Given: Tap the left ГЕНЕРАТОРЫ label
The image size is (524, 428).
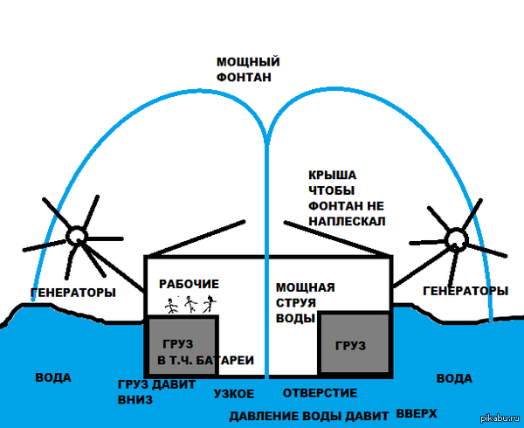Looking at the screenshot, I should pyautogui.click(x=72, y=293).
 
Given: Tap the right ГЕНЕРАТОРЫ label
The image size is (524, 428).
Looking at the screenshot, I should pyautogui.click(x=465, y=290).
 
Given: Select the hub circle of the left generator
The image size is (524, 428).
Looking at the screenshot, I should pyautogui.click(x=77, y=234).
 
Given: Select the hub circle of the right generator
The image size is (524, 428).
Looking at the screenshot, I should pyautogui.click(x=456, y=238).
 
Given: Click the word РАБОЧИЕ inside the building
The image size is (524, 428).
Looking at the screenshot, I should pyautogui.click(x=189, y=285).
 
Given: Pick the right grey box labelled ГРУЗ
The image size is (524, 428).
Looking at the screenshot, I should pyautogui.click(x=354, y=344).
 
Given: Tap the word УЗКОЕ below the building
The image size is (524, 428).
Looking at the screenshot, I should pyautogui.click(x=234, y=394).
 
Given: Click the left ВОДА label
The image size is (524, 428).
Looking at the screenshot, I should pyautogui.click(x=52, y=378).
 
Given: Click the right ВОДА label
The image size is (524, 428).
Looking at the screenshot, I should pyautogui.click(x=453, y=378).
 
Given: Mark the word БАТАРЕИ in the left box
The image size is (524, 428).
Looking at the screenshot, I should pyautogui.click(x=227, y=360).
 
